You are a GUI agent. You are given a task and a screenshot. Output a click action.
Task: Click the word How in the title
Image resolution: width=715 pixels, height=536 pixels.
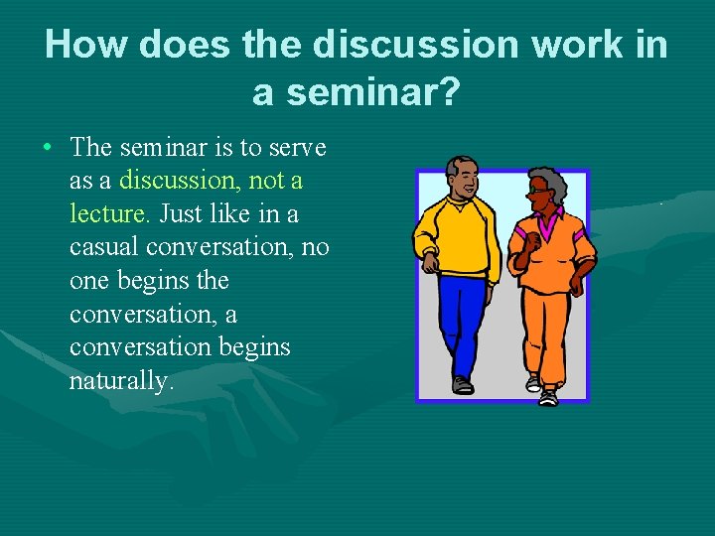[x=83, y=45]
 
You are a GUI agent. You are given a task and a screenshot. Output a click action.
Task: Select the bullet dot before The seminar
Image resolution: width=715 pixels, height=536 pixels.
[x=48, y=148]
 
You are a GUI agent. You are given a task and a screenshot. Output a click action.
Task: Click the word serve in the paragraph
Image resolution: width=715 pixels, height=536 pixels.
[x=293, y=148]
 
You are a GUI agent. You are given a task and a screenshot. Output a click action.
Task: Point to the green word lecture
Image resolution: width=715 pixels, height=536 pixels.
[x=109, y=214]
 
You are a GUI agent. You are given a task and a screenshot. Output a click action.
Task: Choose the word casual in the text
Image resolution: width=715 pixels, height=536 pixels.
[x=105, y=247]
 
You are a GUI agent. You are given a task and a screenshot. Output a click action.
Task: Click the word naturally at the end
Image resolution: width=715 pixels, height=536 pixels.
[x=121, y=381]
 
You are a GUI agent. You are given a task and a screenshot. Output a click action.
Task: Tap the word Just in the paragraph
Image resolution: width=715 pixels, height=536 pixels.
[x=182, y=214]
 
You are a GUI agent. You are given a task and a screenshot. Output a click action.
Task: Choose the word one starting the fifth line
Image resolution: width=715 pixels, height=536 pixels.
[x=88, y=281]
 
